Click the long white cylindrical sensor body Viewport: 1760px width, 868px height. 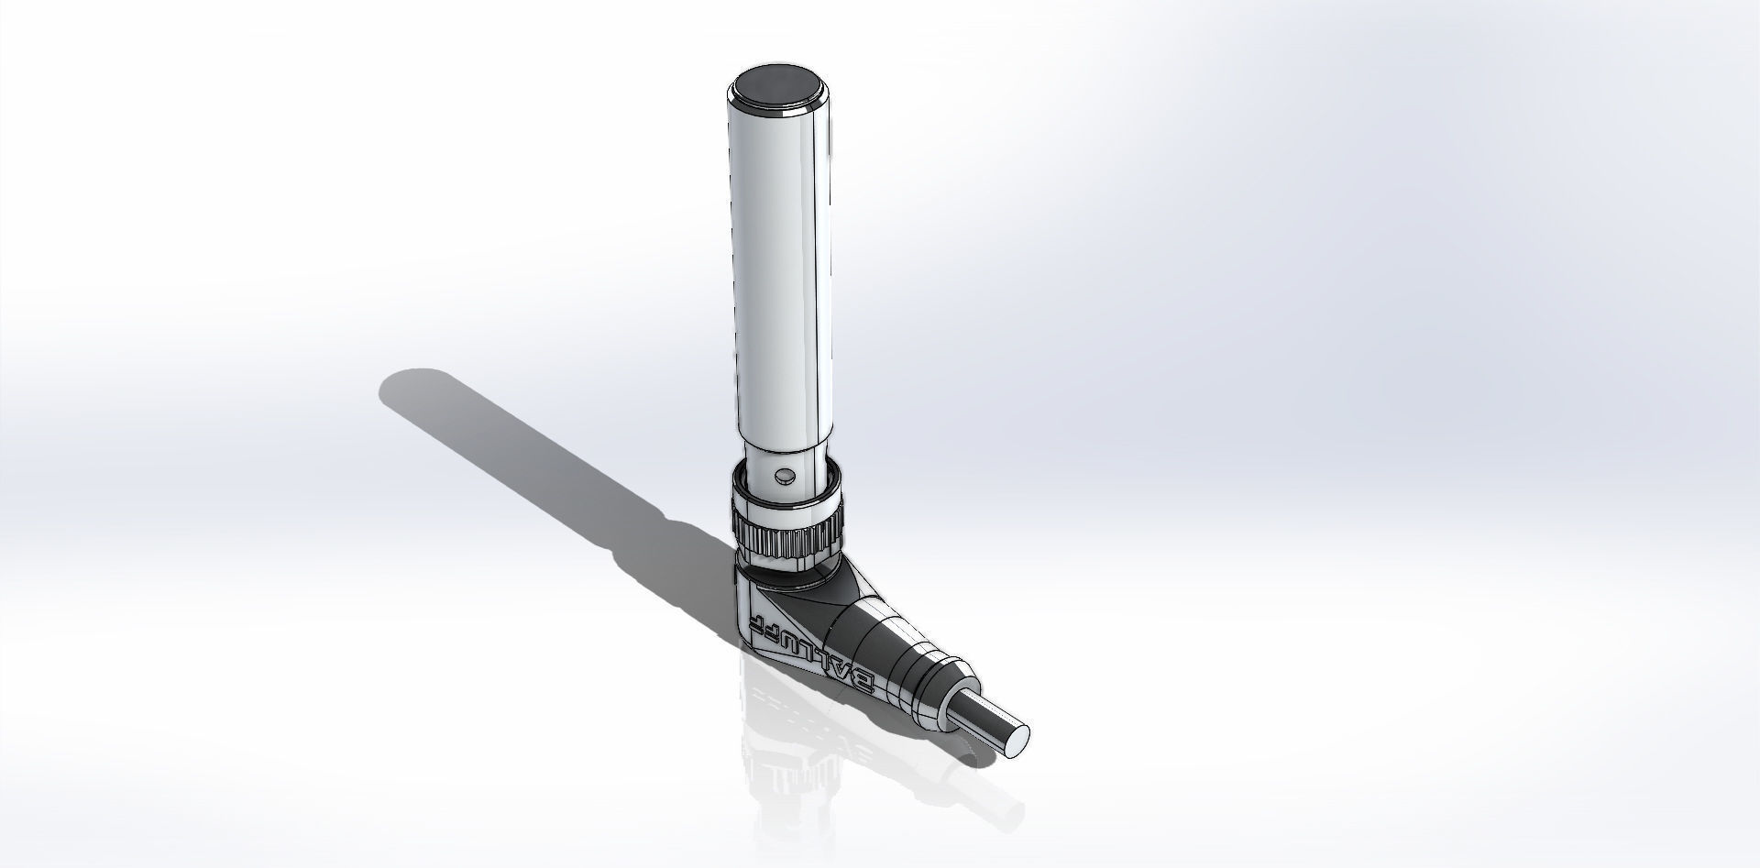(779, 275)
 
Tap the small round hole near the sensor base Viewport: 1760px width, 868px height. (783, 476)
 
